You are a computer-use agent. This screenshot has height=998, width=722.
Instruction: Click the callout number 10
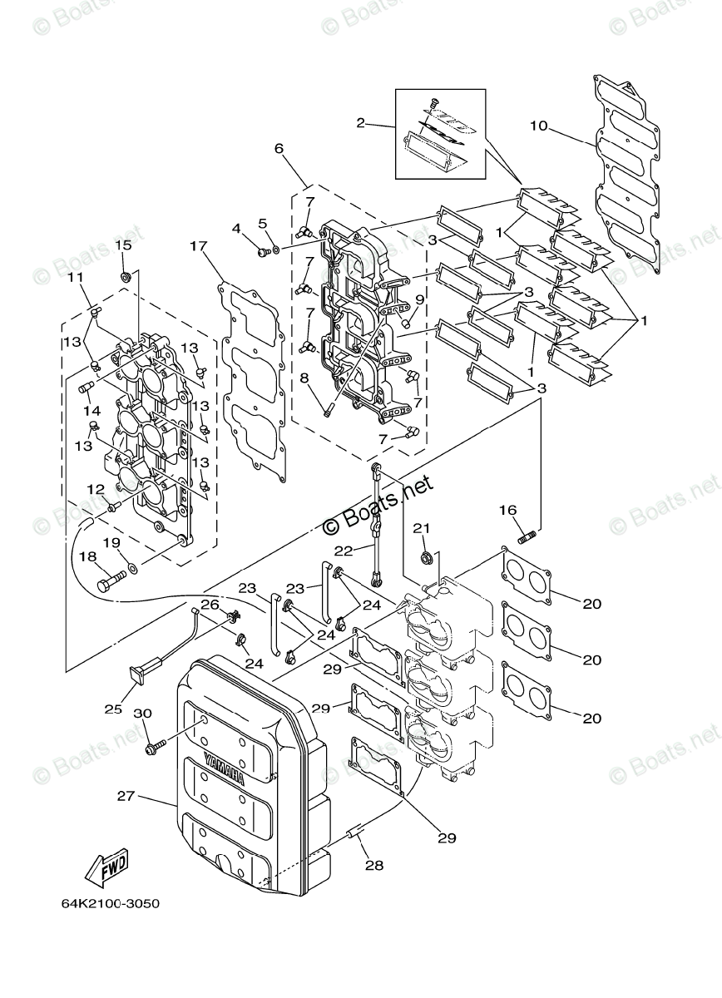coord(539,126)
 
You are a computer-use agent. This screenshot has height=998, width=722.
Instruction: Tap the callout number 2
coord(361,123)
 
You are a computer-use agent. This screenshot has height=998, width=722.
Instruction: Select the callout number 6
coord(279,148)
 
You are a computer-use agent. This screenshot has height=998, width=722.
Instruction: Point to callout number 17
coord(197,247)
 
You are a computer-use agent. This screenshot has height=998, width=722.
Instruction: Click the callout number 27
coord(126,797)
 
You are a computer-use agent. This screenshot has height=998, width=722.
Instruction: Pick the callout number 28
coord(373,865)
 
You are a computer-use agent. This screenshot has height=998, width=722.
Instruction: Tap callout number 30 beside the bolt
coord(142,714)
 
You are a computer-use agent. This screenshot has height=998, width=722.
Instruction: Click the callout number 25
coord(112,709)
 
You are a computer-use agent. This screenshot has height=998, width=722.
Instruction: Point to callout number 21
coord(422,527)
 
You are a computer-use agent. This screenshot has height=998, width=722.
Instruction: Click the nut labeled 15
coord(124,276)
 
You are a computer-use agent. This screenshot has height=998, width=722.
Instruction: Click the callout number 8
coord(304,377)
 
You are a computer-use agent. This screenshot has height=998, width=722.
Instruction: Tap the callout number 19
coord(111,542)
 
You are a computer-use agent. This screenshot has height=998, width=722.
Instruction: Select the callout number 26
coord(210,605)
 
